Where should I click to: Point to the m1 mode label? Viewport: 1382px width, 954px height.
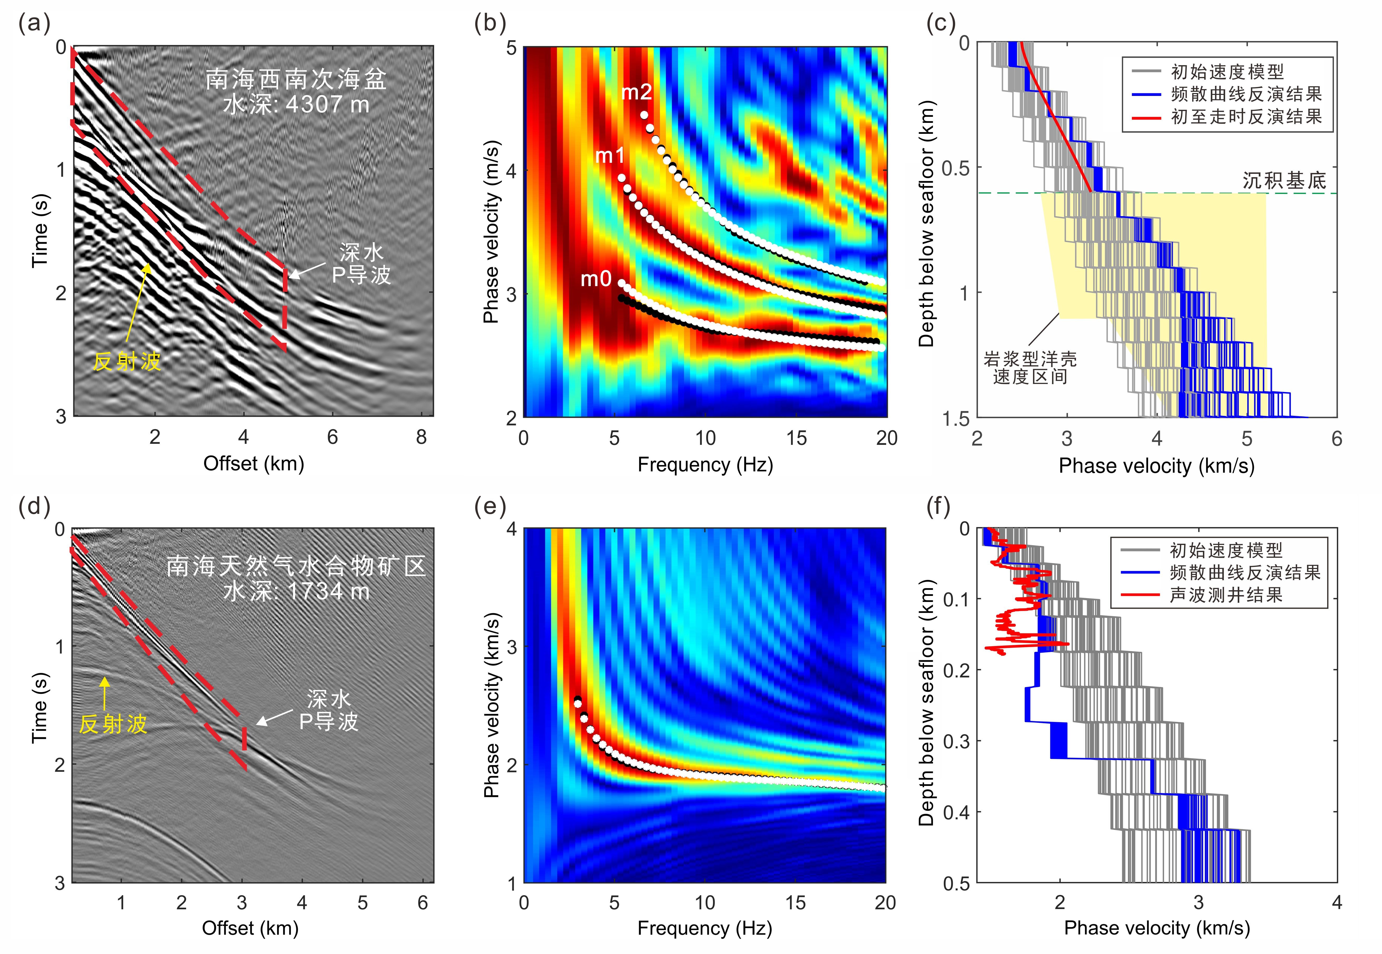(610, 156)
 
